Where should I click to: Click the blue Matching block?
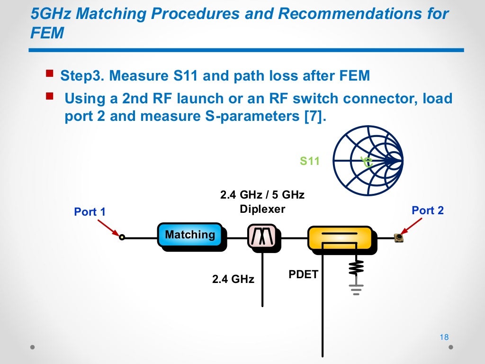tap(190, 235)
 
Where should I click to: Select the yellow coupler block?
tap(340, 237)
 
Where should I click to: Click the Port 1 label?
tap(90, 212)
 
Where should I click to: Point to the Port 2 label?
tap(428, 210)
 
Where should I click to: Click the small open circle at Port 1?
tap(122, 237)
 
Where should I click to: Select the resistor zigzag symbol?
tap(356, 268)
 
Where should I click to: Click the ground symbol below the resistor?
tap(356, 288)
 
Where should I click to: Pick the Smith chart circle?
tap(368, 161)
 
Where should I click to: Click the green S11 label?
tap(310, 161)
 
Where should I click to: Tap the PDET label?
tap(304, 274)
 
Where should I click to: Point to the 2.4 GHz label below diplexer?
tap(233, 279)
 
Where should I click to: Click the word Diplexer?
tap(262, 209)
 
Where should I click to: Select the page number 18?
tap(444, 337)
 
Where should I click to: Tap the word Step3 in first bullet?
tap(83, 76)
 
